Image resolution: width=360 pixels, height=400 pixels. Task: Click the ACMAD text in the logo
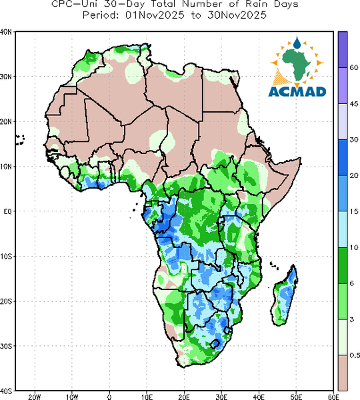[x=297, y=92]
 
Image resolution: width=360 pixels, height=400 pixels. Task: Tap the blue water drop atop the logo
[x=297, y=43]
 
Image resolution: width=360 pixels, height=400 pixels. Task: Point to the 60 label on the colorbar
[x=353, y=67]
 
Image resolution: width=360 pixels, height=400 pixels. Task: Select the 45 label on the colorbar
[x=353, y=103]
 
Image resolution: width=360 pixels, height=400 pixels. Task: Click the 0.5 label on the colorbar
[x=355, y=355]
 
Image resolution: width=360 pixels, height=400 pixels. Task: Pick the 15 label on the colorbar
[x=353, y=211]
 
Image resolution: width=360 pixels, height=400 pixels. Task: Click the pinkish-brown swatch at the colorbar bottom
[x=343, y=373]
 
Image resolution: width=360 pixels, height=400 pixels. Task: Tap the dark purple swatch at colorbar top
[x=343, y=49]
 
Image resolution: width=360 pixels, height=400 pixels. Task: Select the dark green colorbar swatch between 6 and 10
[x=343, y=265]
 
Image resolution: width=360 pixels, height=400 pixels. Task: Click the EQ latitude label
[x=7, y=211]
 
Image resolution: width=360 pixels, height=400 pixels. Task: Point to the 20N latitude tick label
[x=6, y=122]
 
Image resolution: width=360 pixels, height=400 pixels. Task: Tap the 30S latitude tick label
[x=6, y=346]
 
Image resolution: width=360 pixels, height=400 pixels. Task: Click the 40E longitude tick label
[x=259, y=397]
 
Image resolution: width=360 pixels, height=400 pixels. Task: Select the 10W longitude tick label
[x=72, y=397]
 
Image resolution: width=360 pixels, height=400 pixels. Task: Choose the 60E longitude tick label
[x=333, y=397]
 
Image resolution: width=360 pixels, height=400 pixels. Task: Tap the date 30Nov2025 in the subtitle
[x=237, y=15]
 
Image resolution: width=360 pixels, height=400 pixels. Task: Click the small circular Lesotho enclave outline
[x=215, y=344]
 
